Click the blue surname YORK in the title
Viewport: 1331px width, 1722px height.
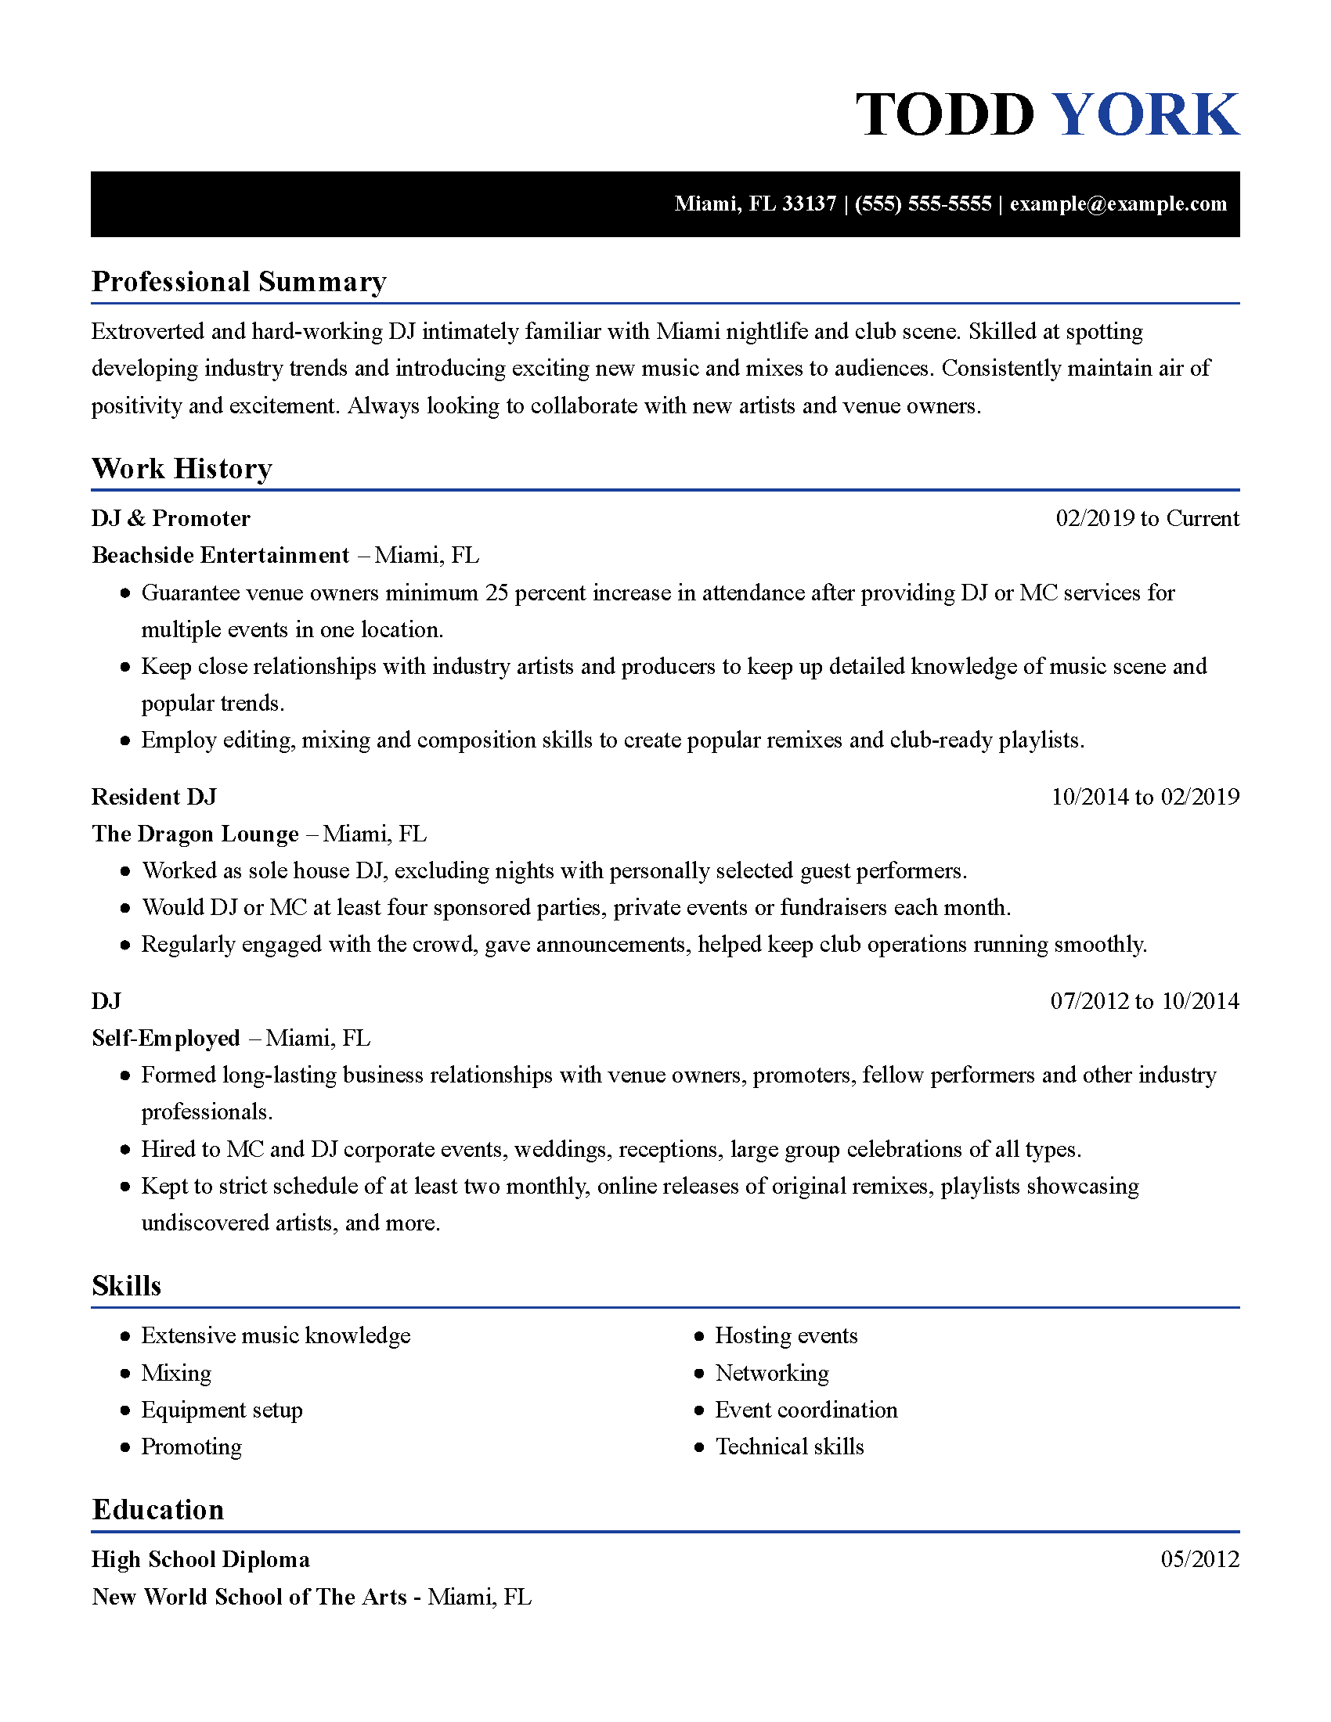[x=1145, y=114]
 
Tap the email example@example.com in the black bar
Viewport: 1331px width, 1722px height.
[x=1118, y=204]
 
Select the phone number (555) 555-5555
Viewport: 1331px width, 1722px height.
[x=922, y=204]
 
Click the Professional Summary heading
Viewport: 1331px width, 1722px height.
[x=239, y=282]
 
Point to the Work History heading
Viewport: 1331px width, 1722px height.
[x=182, y=468]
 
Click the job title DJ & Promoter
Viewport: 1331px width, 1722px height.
[x=171, y=518]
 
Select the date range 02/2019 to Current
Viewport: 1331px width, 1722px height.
[x=1147, y=518]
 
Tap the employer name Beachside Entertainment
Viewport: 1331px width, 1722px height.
[x=221, y=555]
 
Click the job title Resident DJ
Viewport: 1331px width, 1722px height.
[x=153, y=796]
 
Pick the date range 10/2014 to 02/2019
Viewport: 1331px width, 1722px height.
[x=1145, y=796]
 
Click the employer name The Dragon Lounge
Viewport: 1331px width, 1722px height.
[x=195, y=834]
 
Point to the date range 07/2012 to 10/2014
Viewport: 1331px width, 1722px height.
[x=1144, y=1000]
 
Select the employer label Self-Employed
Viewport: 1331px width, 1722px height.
[x=165, y=1038]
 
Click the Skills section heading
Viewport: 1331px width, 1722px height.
[x=126, y=1285]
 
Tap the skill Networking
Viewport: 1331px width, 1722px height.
[x=772, y=1373]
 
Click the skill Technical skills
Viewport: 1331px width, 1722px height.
[x=789, y=1446]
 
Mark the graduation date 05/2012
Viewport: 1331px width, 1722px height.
[x=1199, y=1558]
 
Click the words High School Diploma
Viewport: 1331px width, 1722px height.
[x=200, y=1558]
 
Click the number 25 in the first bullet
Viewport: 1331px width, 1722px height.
[x=496, y=593]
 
